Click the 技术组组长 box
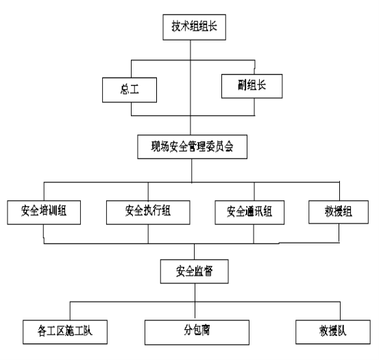click(x=195, y=27)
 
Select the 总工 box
click(x=130, y=90)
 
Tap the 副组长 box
click(x=252, y=86)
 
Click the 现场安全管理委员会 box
click(x=193, y=147)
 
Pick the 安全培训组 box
click(x=44, y=213)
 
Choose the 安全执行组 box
click(x=148, y=213)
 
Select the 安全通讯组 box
click(x=249, y=213)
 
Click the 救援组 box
click(x=339, y=212)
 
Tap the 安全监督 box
click(x=195, y=272)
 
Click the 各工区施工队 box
click(x=65, y=332)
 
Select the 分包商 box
click(x=197, y=333)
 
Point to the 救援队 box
click(x=333, y=332)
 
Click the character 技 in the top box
click(x=176, y=26)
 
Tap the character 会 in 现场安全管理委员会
click(x=229, y=147)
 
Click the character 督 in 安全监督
click(x=208, y=271)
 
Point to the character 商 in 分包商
click(x=206, y=330)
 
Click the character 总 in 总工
click(x=125, y=89)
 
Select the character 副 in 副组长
click(x=243, y=85)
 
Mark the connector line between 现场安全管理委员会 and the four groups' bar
click(x=192, y=171)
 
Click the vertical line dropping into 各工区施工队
click(x=70, y=311)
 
